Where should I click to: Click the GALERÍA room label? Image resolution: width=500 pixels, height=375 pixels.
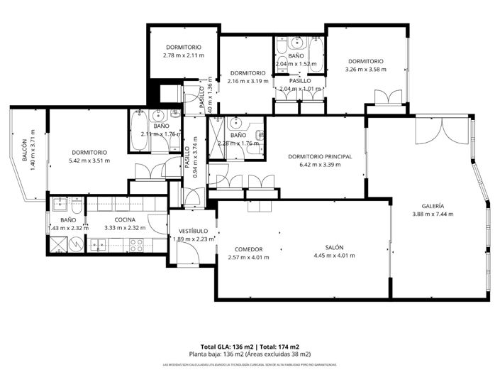[433, 206]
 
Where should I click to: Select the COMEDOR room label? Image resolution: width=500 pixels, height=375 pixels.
[249, 249]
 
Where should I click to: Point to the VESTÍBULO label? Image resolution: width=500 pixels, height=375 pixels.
[193, 231]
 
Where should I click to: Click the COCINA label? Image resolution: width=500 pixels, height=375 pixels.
[125, 219]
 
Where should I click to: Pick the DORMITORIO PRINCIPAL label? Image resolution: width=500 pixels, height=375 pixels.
[320, 156]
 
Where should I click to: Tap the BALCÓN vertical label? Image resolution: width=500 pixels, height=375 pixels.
[25, 151]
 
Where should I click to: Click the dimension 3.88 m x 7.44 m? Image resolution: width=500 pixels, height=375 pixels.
[433, 214]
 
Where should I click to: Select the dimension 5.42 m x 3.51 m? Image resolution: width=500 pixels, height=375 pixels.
[89, 161]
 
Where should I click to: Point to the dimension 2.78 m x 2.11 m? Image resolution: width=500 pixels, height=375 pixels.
[183, 55]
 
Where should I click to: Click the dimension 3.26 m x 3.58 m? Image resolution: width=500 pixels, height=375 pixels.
[365, 70]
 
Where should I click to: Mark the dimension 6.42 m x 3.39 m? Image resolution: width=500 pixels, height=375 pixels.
[320, 165]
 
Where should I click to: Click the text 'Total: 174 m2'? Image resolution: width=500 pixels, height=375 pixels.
[278, 346]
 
